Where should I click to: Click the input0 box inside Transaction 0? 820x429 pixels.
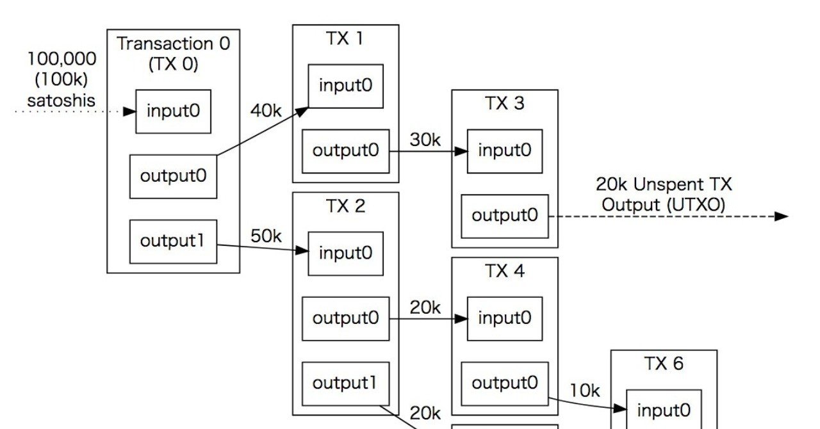(x=173, y=111)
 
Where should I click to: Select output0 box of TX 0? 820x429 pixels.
(x=173, y=176)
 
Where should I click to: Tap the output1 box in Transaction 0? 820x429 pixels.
(x=173, y=241)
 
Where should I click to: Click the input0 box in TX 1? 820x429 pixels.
(x=345, y=86)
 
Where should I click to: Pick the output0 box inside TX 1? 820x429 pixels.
(x=345, y=151)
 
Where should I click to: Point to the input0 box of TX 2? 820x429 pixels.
(x=345, y=253)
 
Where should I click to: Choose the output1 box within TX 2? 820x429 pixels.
(x=345, y=383)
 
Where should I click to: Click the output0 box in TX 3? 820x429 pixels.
(x=505, y=216)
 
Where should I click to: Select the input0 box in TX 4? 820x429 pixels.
(x=505, y=318)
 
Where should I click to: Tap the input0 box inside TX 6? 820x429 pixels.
(x=664, y=410)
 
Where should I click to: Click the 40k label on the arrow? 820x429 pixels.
(x=266, y=111)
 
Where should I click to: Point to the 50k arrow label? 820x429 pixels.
(x=266, y=236)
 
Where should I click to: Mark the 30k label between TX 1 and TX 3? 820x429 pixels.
(x=425, y=140)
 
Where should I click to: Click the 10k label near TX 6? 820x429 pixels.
(x=584, y=390)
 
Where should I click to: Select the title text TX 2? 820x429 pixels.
(x=345, y=206)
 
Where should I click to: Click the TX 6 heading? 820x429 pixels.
(x=664, y=364)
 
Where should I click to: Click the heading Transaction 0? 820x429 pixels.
(x=173, y=44)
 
